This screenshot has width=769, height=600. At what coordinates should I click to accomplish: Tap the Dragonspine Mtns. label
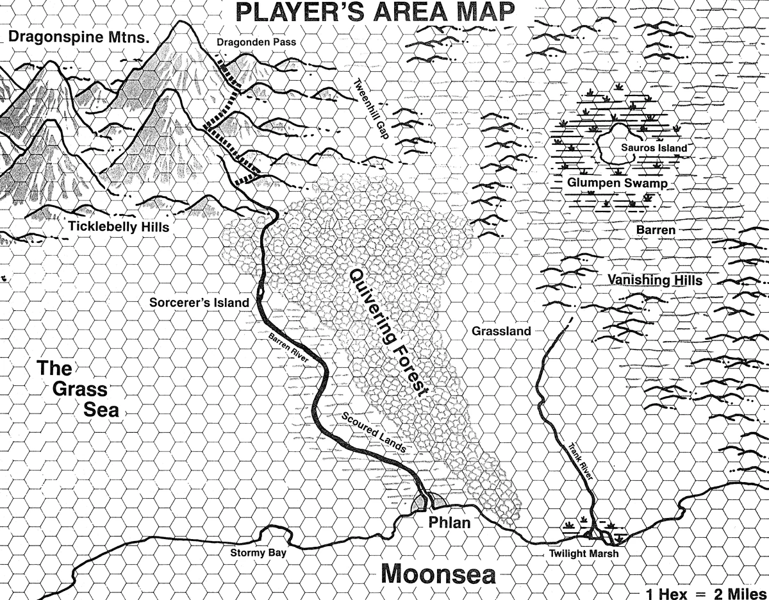point(79,37)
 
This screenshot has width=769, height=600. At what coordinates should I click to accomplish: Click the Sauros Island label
point(654,148)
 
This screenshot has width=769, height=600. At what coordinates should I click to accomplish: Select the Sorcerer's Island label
point(199,303)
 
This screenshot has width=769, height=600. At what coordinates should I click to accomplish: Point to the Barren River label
point(290,349)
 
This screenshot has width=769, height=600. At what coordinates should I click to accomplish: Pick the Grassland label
point(501,331)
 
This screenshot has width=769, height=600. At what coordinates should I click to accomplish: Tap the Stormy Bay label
point(259,553)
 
